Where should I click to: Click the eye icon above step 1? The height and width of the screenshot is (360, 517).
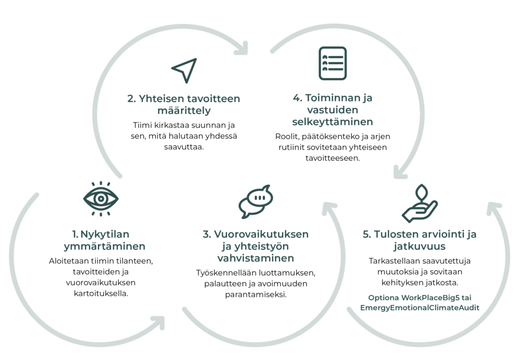[101, 198]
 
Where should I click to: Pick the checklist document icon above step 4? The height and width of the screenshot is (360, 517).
[332, 63]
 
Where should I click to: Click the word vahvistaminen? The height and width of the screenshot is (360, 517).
[255, 259]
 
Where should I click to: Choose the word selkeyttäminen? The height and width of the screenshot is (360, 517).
[332, 122]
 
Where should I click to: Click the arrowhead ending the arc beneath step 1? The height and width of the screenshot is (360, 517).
[160, 321]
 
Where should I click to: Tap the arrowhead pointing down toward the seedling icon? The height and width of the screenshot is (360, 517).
[400, 172]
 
